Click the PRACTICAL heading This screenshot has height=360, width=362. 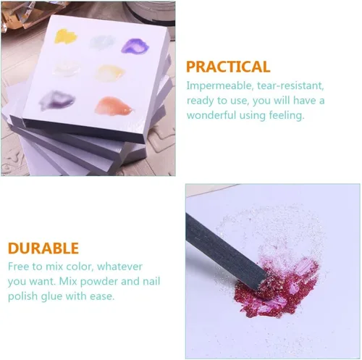[x=228, y=67]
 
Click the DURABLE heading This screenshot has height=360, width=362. [x=43, y=248]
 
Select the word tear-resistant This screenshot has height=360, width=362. [x=290, y=85]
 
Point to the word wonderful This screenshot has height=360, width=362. [x=211, y=115]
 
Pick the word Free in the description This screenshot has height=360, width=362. [x=19, y=267]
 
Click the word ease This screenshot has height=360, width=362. [x=102, y=297]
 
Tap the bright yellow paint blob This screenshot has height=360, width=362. [x=66, y=36]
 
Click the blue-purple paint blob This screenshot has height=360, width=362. [x=135, y=46]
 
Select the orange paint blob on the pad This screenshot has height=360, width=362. [x=114, y=106]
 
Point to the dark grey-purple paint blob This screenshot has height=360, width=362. [x=57, y=99]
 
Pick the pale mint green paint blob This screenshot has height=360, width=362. [x=102, y=43]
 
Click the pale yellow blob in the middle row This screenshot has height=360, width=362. [x=110, y=72]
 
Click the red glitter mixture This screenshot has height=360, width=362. [x=277, y=290]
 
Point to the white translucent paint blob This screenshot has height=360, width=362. [x=66, y=67]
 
